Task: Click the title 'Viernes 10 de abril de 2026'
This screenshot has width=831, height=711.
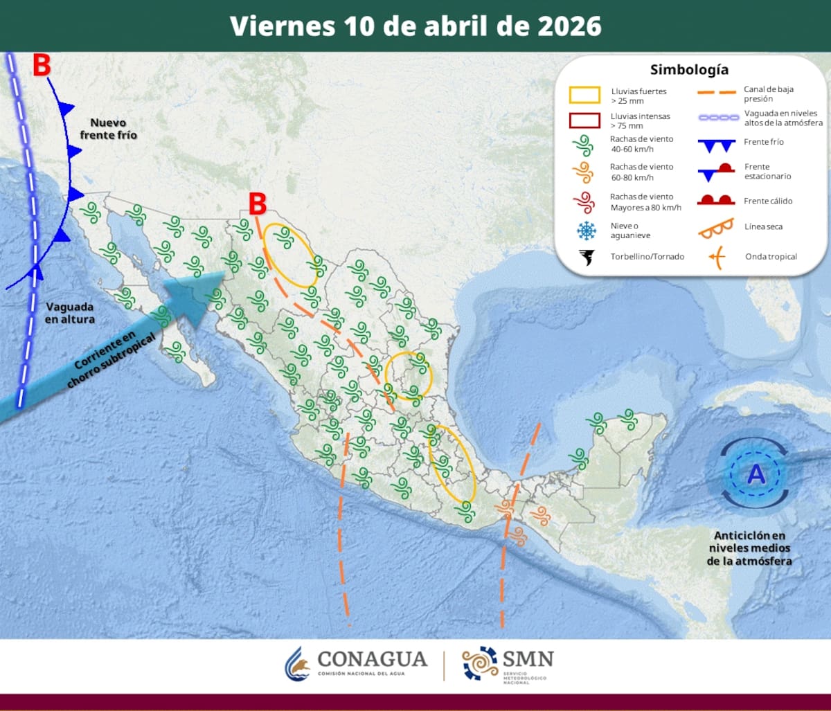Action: point(415,26)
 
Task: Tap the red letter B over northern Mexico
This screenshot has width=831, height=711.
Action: point(258,204)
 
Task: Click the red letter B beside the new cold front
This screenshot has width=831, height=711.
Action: point(42,66)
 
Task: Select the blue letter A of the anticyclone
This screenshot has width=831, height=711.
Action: point(756,475)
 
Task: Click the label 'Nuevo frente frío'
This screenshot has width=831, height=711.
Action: point(108,129)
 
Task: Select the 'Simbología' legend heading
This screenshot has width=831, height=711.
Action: point(688,70)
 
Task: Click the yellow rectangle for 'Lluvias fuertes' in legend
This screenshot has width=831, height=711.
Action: point(584,95)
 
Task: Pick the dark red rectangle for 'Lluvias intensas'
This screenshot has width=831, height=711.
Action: point(584,120)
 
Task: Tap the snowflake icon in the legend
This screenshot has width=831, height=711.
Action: point(587,231)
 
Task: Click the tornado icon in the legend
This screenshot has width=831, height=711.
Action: point(586,257)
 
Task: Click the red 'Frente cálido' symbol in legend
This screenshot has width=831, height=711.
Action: point(715,200)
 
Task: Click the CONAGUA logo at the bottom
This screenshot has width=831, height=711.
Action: point(357,663)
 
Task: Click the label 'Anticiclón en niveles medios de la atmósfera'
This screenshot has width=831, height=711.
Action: point(749,548)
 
